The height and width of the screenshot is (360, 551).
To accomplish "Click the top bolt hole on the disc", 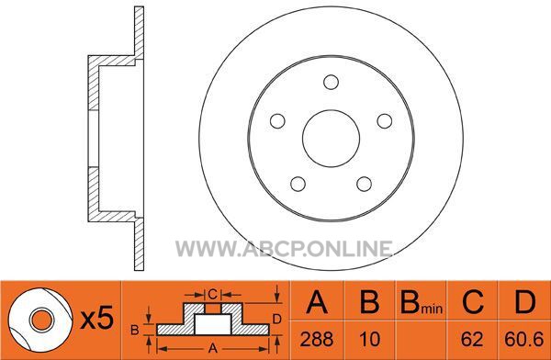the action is (331, 83).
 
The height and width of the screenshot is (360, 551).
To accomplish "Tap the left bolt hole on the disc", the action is (277, 121).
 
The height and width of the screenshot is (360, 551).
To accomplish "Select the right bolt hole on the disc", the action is (385, 121).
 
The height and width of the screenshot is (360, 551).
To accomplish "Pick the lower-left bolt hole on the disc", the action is (298, 184).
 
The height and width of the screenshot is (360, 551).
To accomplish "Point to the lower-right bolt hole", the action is (364, 184).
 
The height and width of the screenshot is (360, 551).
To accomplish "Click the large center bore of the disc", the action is (331, 139).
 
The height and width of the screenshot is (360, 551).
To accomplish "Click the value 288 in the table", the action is (317, 340).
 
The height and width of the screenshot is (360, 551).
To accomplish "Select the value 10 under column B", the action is (370, 340).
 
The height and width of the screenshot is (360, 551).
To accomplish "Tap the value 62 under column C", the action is (472, 340).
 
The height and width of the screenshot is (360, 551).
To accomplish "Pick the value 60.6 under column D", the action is (524, 340).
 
